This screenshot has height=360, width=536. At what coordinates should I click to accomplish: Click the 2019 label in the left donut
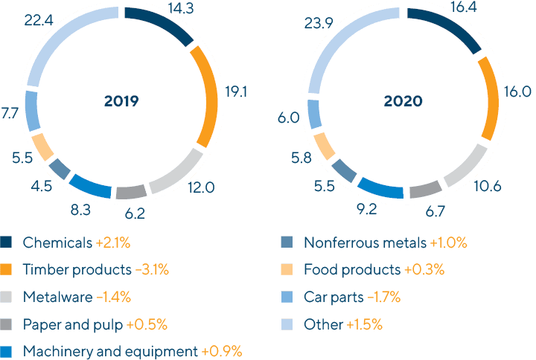pos(121,102)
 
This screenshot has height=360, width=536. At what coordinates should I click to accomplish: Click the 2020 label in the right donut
pos(403,102)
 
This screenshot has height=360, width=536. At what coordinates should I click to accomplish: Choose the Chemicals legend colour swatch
pos(7,242)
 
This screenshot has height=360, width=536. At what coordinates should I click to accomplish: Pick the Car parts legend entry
pos(332,298)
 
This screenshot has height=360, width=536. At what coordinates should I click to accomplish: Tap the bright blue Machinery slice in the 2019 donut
pos(91,186)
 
